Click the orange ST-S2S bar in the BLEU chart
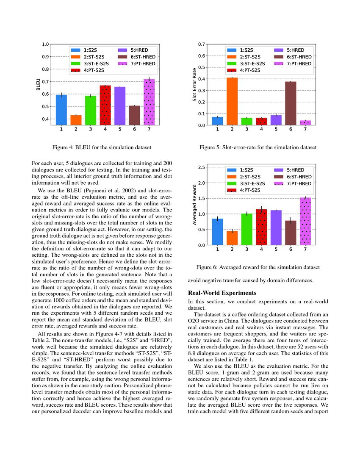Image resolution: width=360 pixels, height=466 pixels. (76, 120)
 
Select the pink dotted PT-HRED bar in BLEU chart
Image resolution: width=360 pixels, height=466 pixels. (149, 102)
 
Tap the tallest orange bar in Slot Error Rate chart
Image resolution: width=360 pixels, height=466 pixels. (232, 101)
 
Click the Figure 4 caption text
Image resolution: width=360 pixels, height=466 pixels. (102, 147)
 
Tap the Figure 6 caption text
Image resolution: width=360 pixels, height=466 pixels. (258, 267)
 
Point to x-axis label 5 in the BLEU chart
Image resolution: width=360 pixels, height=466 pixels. (120, 129)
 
